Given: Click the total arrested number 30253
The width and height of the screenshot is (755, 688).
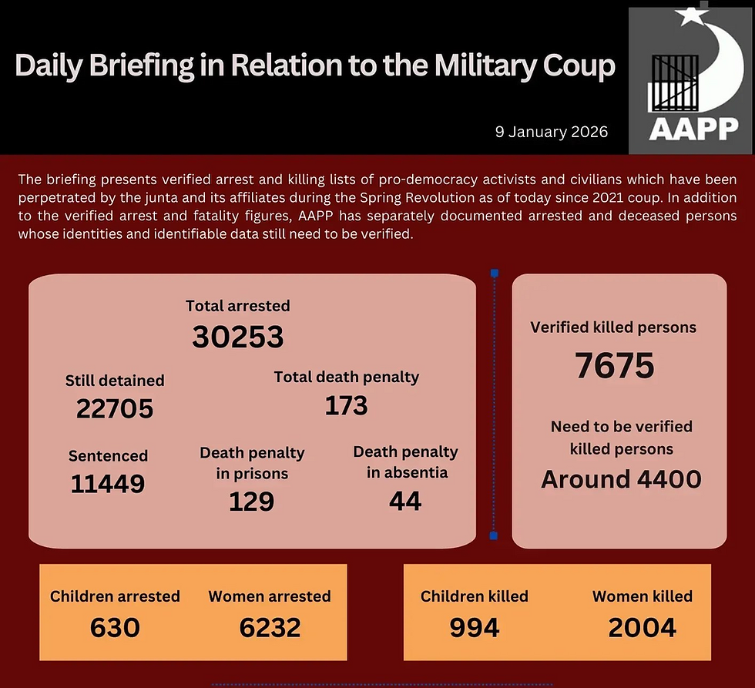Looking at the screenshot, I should [238, 336].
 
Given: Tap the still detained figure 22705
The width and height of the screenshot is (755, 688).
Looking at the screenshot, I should [115, 408].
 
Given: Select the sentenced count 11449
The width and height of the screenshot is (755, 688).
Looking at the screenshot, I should [108, 484].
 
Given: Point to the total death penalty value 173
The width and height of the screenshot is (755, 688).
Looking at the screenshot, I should [346, 405].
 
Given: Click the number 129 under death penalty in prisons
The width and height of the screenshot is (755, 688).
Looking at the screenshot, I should [251, 502].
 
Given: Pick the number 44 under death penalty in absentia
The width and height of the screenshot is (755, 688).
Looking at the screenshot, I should [405, 502].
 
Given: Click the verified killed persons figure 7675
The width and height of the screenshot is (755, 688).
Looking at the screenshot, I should [614, 366].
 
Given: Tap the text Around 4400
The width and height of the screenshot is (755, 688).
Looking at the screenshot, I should [621, 479].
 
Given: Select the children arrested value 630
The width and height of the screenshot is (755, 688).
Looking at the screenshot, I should [115, 627].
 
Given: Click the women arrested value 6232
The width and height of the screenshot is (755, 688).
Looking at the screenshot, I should [270, 627].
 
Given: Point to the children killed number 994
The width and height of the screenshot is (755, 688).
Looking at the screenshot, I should [475, 627].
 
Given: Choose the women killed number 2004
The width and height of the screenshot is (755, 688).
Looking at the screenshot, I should [642, 627].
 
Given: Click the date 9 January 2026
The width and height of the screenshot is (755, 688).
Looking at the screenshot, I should [551, 132].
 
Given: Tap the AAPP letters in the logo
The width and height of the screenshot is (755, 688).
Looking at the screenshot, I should [693, 129].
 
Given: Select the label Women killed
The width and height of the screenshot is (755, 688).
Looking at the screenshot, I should [642, 596].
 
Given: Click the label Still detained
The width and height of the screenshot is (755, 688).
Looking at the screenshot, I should [115, 380].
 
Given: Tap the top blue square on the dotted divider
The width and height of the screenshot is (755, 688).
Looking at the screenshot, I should [494, 273].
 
